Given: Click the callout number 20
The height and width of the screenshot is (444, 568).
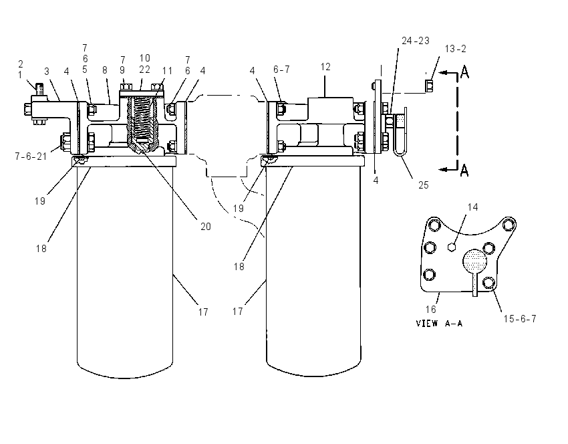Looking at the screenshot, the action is pyautogui.click(x=205, y=227).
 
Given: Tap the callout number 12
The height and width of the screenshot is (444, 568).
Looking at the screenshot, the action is pyautogui.click(x=325, y=67).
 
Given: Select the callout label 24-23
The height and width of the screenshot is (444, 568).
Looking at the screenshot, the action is pyautogui.click(x=416, y=41).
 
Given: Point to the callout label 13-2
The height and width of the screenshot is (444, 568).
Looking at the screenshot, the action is pyautogui.click(x=455, y=49).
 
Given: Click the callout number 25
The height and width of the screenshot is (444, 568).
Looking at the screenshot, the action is pyautogui.click(x=424, y=185).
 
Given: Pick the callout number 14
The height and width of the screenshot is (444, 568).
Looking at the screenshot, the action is pyautogui.click(x=472, y=207).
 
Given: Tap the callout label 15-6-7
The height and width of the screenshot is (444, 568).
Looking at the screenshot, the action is pyautogui.click(x=520, y=318).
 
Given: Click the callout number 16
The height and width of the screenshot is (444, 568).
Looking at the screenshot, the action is pyautogui.click(x=431, y=309).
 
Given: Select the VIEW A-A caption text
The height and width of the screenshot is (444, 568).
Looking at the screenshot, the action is pyautogui.click(x=439, y=324).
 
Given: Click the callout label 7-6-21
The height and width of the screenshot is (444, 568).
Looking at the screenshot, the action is pyautogui.click(x=31, y=156).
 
